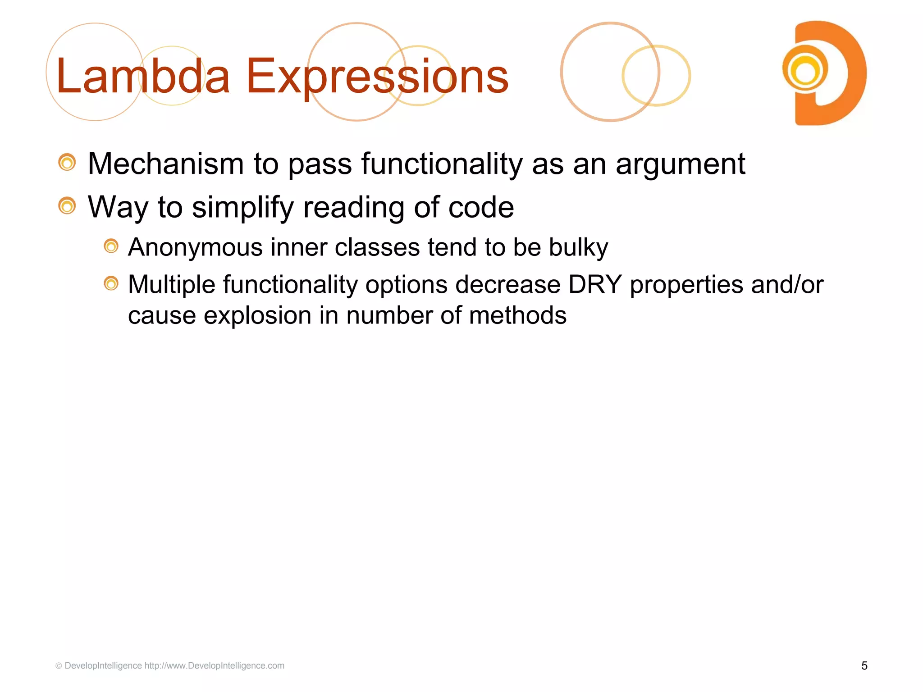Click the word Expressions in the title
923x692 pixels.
tap(377, 77)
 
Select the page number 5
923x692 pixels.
tap(864, 666)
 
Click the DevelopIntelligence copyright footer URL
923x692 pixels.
tap(214, 666)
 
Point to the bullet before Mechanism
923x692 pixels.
tap(67, 163)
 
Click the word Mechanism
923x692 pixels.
tap(165, 164)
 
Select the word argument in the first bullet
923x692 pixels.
tap(681, 164)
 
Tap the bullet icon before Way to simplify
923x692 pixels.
tap(67, 206)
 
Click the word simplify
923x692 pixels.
tap(242, 208)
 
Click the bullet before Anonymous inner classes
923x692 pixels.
tap(111, 246)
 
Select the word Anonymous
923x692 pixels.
tap(195, 248)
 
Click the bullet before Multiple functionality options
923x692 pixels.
tap(111, 284)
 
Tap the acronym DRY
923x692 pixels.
tap(595, 285)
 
